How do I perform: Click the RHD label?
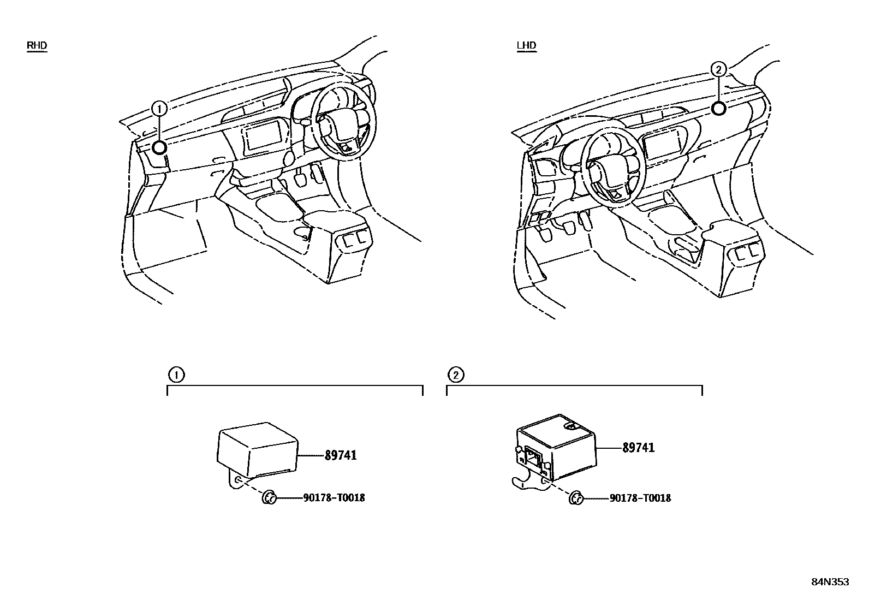(x=37, y=45)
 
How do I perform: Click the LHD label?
(x=526, y=45)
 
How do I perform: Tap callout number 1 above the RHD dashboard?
(x=159, y=109)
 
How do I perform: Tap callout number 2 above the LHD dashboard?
(x=719, y=69)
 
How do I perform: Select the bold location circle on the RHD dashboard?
(x=159, y=147)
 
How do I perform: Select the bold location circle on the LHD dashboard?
(x=719, y=108)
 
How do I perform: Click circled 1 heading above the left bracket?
(x=176, y=375)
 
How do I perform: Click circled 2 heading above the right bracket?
(x=456, y=375)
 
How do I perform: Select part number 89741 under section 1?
(x=341, y=455)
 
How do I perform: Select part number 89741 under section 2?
(x=639, y=448)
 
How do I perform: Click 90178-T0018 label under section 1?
(x=334, y=498)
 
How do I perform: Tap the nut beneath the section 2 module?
(x=576, y=498)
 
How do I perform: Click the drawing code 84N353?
(x=830, y=582)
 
